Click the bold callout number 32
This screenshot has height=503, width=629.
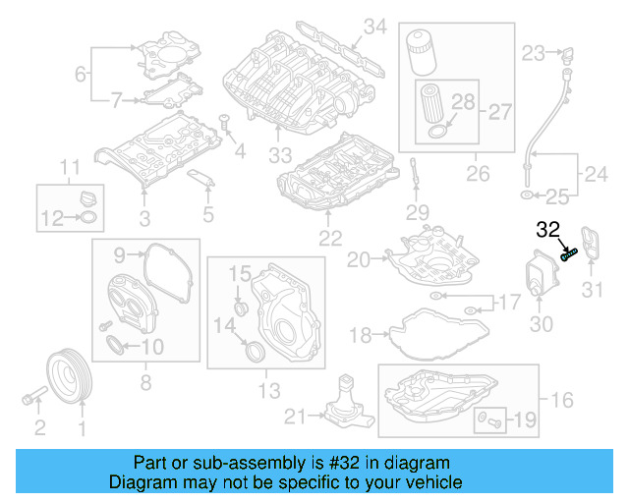(547, 231)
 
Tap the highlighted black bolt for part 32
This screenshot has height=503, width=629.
(568, 253)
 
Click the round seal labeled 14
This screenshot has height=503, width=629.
(254, 350)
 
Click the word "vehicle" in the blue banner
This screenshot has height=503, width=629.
(432, 482)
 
